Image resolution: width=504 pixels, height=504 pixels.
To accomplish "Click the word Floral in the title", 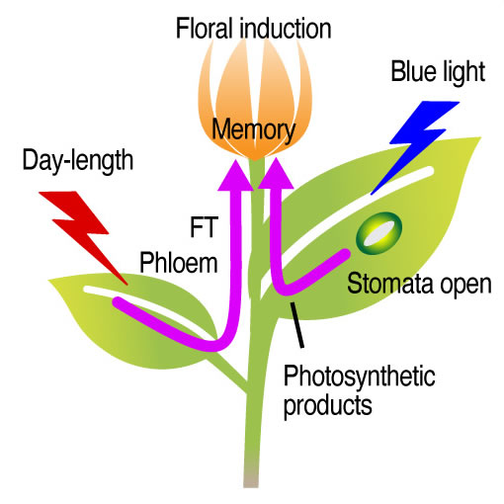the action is (x=203, y=29).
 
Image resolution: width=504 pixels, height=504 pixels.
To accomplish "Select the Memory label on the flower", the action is (x=253, y=130).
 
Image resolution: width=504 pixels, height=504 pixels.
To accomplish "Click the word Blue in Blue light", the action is (x=413, y=71).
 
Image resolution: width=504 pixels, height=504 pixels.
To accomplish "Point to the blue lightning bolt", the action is (x=416, y=147).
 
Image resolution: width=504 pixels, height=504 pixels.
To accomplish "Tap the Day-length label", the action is (x=78, y=161).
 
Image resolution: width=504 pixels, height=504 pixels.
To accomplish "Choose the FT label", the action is (x=204, y=226).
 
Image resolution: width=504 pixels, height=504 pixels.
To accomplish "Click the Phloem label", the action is (x=179, y=263).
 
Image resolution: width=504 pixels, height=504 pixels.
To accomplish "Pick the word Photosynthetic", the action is (x=360, y=378).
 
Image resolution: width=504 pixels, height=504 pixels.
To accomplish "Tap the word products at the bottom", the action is (x=328, y=405).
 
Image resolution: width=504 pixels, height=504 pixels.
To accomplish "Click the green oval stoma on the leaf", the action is (x=378, y=233).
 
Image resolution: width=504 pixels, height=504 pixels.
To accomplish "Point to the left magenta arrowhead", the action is (x=235, y=175).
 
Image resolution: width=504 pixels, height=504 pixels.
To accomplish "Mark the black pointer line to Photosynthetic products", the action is (x=296, y=325).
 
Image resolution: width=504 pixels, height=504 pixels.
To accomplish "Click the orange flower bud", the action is (x=254, y=99).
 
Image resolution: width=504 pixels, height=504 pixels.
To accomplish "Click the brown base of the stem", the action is (x=251, y=474).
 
